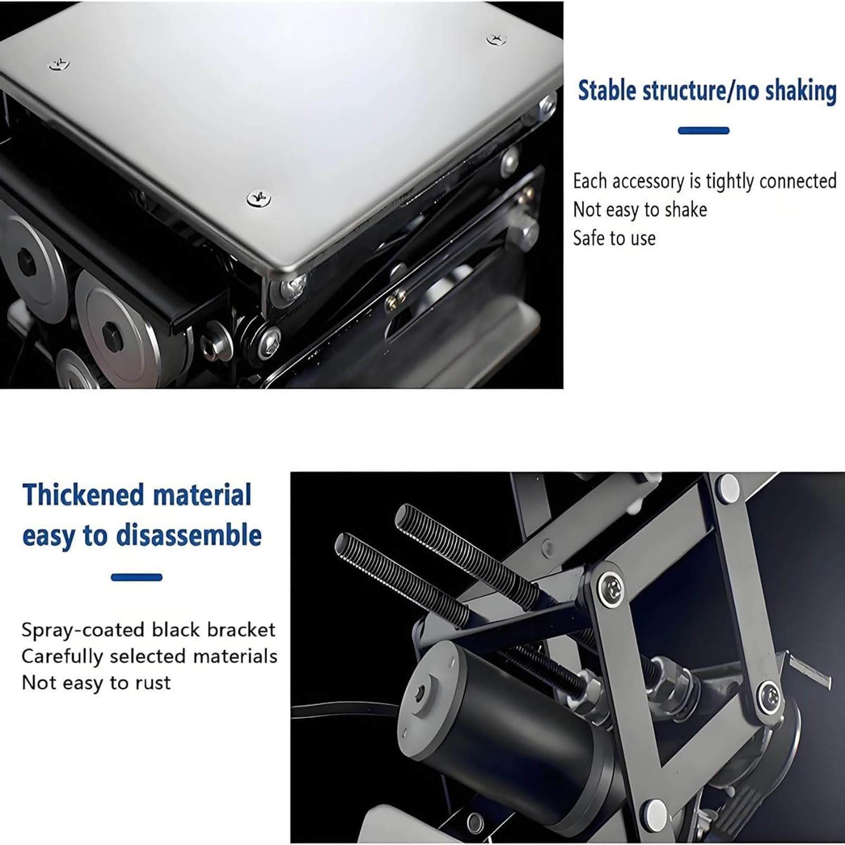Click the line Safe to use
(x=614, y=238)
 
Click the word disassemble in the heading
(x=189, y=535)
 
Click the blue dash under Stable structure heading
(x=703, y=130)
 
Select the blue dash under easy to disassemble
(x=136, y=577)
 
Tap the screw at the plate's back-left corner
(x=59, y=64)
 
